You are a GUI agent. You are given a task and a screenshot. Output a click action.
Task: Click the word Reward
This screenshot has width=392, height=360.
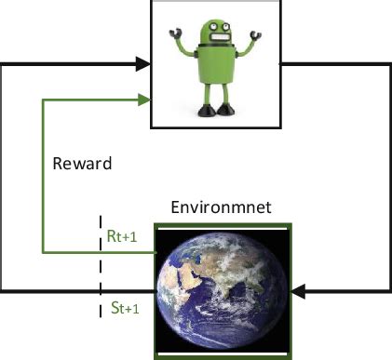[82, 165]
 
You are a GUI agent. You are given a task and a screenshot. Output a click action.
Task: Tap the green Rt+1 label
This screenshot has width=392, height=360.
[122, 237]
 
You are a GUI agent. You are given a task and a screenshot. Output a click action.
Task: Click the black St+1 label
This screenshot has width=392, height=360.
[123, 310]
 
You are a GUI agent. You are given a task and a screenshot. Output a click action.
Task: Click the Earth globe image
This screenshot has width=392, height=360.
[223, 290]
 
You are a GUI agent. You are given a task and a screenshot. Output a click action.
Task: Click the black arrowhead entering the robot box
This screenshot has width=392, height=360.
[143, 64]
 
